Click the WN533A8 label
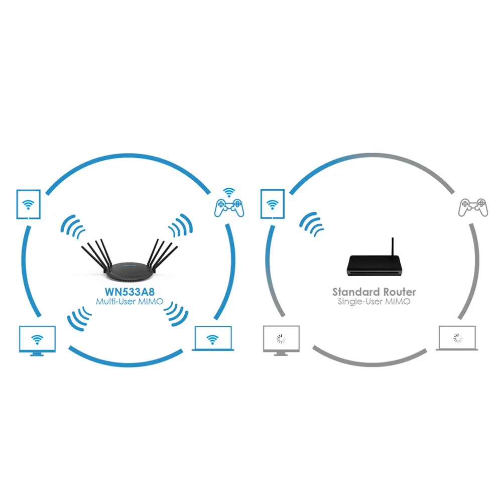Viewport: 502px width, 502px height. [x=129, y=291]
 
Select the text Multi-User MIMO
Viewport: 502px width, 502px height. [x=129, y=302]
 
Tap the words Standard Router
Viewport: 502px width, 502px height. [x=374, y=292]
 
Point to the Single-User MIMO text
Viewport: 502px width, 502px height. [x=374, y=302]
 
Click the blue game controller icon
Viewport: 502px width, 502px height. [x=229, y=207]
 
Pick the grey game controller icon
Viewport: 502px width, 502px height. [x=473, y=207]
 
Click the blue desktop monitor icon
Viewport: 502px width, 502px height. [x=37, y=339]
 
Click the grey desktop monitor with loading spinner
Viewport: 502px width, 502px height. [x=281, y=339]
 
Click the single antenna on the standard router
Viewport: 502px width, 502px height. [x=393, y=246]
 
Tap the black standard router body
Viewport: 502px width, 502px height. [x=374, y=265]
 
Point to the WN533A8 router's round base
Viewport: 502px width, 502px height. [x=129, y=271]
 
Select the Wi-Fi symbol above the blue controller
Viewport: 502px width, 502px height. [x=229, y=192]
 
